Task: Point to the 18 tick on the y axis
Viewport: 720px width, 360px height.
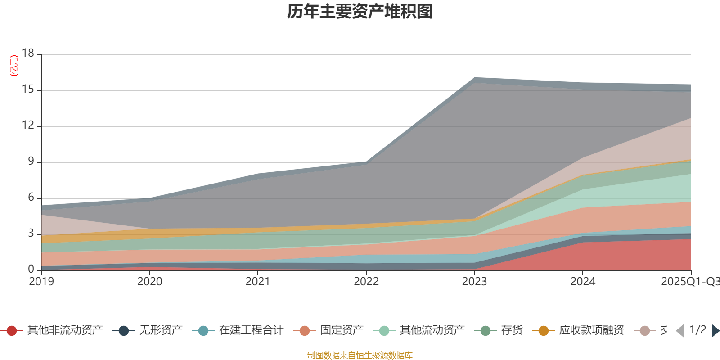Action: tap(28, 53)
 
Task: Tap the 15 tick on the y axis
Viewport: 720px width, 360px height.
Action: tap(28, 90)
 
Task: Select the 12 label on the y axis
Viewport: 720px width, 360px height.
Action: tap(28, 125)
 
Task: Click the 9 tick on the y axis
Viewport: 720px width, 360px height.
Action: tap(31, 161)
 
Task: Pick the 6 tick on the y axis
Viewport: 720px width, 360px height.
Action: tap(31, 197)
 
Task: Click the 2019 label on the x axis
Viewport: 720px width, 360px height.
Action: tap(41, 282)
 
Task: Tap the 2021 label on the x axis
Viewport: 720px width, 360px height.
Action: tap(258, 282)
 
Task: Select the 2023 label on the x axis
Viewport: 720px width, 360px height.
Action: tap(474, 282)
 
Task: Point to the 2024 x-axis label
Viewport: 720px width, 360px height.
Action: tap(583, 282)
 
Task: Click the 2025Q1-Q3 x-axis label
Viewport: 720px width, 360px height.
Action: tap(689, 282)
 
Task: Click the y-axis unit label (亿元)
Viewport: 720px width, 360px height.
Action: tap(14, 66)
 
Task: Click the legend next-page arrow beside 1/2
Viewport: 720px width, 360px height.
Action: tap(715, 331)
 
